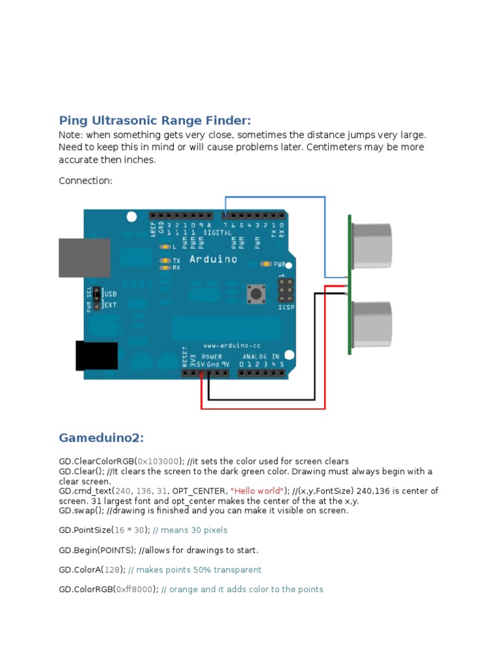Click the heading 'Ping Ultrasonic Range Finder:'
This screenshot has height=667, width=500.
click(x=154, y=121)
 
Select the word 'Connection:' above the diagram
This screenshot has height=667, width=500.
click(x=85, y=180)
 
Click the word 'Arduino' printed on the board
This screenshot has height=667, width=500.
click(x=213, y=259)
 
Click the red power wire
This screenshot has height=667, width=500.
click(x=260, y=408)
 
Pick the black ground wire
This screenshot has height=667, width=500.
click(x=260, y=399)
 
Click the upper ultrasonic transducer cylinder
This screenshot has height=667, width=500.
click(x=371, y=244)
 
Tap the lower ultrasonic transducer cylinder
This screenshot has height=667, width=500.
click(x=371, y=324)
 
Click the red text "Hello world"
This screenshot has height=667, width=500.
click(x=258, y=490)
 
